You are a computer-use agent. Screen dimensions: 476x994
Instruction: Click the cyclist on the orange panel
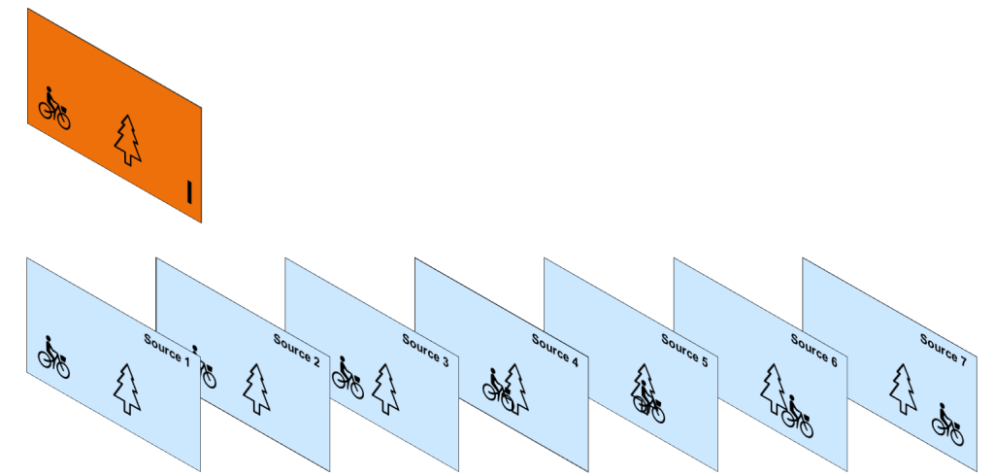(54, 108)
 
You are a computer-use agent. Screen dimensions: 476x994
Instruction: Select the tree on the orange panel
(127, 140)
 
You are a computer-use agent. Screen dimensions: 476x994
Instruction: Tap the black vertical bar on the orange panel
(190, 191)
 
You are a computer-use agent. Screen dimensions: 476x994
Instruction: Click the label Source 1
(167, 349)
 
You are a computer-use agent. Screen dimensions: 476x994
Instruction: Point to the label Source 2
(296, 349)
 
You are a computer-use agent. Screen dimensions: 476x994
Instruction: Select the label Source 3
(425, 351)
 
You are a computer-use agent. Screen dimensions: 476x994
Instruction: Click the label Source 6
(813, 350)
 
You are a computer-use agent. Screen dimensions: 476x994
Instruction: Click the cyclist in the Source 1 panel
(53, 357)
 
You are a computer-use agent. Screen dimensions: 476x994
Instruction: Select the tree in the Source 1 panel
(127, 389)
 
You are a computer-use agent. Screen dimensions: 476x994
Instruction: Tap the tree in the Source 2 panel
(256, 389)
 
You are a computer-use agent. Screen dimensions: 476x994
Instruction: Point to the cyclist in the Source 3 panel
(348, 378)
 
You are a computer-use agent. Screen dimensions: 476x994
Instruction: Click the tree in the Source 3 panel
(385, 389)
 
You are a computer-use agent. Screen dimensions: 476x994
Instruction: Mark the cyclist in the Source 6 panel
(797, 416)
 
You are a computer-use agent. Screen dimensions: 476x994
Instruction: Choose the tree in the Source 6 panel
(773, 389)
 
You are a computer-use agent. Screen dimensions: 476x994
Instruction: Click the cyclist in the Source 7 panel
(947, 424)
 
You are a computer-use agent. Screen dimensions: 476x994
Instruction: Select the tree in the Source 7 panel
(903, 389)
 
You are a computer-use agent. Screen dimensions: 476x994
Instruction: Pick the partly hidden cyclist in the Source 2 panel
(205, 369)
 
